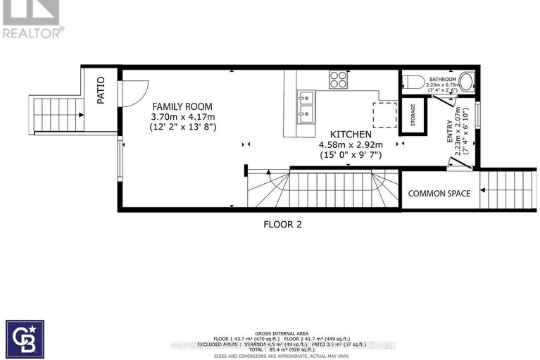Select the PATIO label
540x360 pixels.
tap(100, 91)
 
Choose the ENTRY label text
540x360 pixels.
tap(451, 132)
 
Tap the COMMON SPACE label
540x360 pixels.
tap(439, 194)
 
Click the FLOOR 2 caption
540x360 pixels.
tap(283, 225)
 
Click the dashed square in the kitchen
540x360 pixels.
tap(384, 113)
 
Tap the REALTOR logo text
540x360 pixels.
tap(32, 31)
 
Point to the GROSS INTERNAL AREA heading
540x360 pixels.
tap(282, 333)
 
